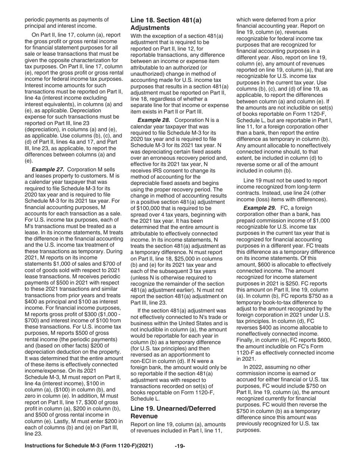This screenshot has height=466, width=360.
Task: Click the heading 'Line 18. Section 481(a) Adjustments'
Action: click(166, 24)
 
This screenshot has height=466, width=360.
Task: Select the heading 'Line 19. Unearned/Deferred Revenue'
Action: click(173, 412)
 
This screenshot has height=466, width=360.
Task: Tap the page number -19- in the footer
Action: click(180, 446)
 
